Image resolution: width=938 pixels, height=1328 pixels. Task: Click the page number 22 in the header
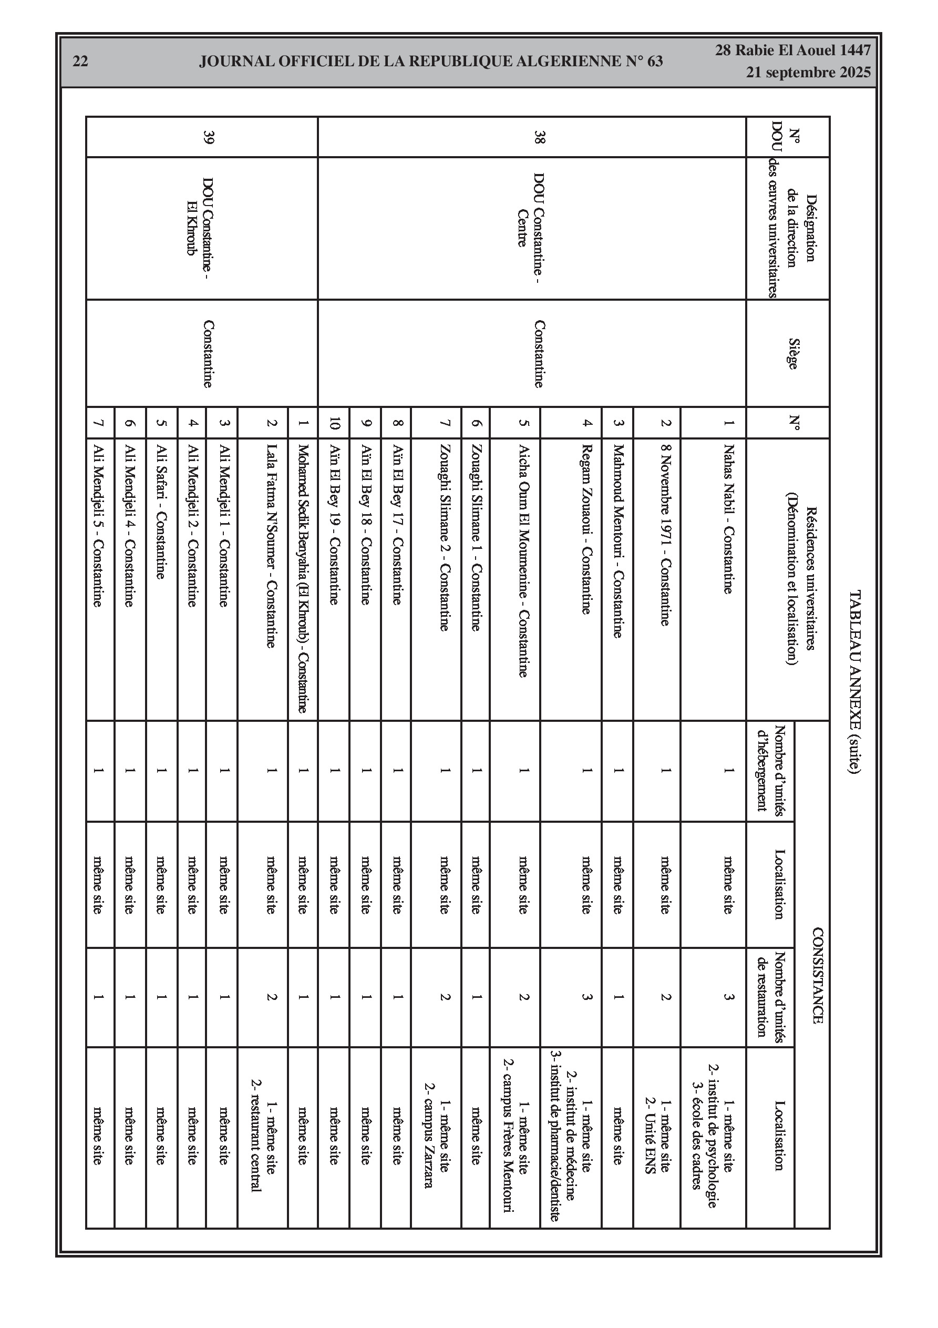click(x=80, y=62)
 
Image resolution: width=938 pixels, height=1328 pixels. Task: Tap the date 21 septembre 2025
click(x=808, y=73)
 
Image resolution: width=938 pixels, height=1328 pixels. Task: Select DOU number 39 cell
click(x=209, y=137)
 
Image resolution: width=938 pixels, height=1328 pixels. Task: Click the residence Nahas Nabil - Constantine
click(x=728, y=518)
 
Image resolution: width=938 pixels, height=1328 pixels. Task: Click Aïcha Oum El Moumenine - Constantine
click(x=523, y=560)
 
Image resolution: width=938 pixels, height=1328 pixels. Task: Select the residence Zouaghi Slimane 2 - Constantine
click(x=444, y=537)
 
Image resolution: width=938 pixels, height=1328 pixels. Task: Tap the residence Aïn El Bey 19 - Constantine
click(x=334, y=524)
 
